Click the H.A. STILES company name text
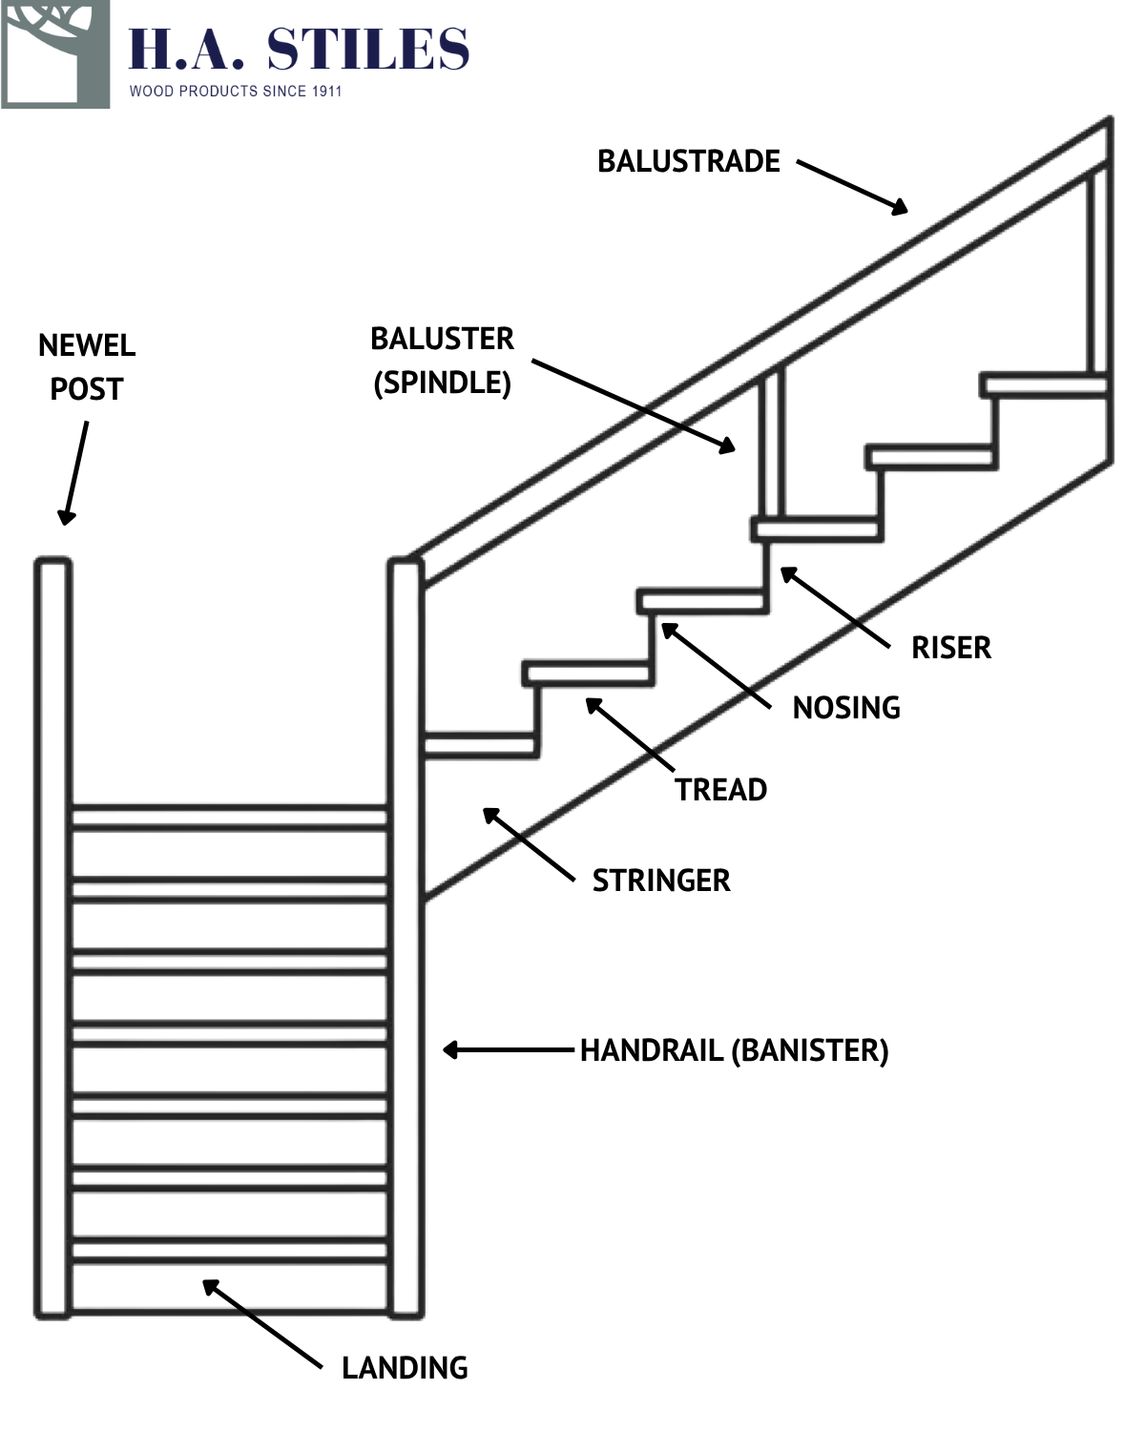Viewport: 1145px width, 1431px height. click(x=299, y=50)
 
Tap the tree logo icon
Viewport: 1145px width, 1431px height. click(x=55, y=53)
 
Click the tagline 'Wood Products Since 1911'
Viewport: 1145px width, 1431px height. click(x=236, y=92)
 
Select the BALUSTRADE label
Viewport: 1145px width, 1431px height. click(x=688, y=161)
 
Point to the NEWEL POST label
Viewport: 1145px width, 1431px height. click(x=87, y=367)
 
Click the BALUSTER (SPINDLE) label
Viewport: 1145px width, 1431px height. click(x=442, y=361)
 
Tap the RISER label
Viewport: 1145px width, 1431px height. click(x=950, y=648)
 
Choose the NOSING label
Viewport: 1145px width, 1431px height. click(x=846, y=708)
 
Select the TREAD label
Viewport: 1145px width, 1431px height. click(x=721, y=790)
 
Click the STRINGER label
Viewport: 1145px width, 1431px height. click(x=661, y=881)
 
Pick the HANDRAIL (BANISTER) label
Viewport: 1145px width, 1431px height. click(x=734, y=1050)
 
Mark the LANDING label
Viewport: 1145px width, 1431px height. click(x=405, y=1368)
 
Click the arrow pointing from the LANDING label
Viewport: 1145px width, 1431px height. click(x=261, y=1324)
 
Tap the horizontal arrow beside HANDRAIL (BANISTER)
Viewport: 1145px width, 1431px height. click(x=508, y=1050)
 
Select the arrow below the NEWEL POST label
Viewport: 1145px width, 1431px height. click(x=74, y=473)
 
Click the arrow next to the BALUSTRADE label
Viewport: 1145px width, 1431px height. click(x=852, y=187)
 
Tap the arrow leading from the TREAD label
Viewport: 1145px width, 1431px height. click(x=629, y=734)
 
